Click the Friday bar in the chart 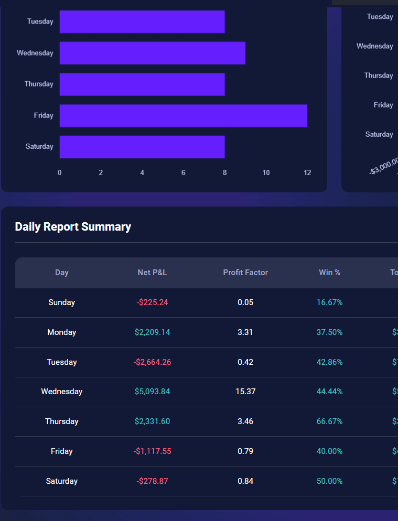pyautogui.click(x=183, y=116)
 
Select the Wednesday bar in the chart pyautogui.click(x=152, y=53)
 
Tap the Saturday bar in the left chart pyautogui.click(x=142, y=147)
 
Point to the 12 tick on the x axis pyautogui.click(x=307, y=172)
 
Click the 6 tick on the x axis pyautogui.click(x=184, y=172)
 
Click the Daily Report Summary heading pyautogui.click(x=73, y=226)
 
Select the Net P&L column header pyautogui.click(x=152, y=273)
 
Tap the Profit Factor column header pyautogui.click(x=245, y=273)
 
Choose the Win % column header pyautogui.click(x=329, y=273)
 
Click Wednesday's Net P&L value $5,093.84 pyautogui.click(x=152, y=392)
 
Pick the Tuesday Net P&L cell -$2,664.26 pyautogui.click(x=152, y=362)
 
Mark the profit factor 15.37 pyautogui.click(x=245, y=392)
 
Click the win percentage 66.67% pyautogui.click(x=329, y=421)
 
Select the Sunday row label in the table pyautogui.click(x=62, y=302)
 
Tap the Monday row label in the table pyautogui.click(x=62, y=332)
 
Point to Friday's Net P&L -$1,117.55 pyautogui.click(x=152, y=451)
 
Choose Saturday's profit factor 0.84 pyautogui.click(x=245, y=481)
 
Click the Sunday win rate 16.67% pyautogui.click(x=329, y=302)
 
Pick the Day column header pyautogui.click(x=62, y=273)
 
